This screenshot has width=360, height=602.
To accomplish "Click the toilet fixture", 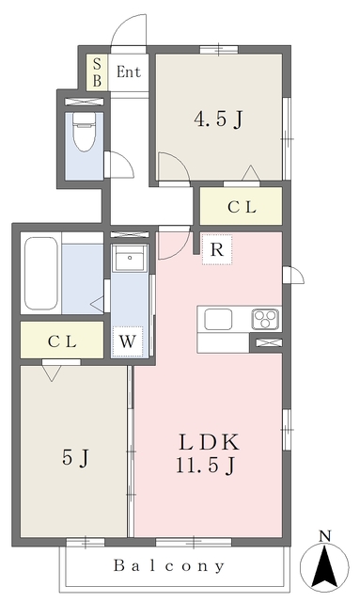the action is pyautogui.click(x=84, y=132).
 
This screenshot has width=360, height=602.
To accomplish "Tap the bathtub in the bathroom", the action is pyautogui.click(x=41, y=274).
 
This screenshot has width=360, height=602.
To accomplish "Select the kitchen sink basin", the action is pyautogui.click(x=218, y=320).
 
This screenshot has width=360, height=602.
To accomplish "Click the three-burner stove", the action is pyautogui.click(x=265, y=320).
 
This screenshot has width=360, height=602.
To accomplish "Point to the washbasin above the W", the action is pyautogui.click(x=130, y=258).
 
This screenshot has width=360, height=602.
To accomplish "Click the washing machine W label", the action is pyautogui.click(x=128, y=341).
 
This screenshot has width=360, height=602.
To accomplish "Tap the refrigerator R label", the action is pyautogui.click(x=217, y=249).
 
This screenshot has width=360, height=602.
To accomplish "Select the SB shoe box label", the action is pyautogui.click(x=97, y=72).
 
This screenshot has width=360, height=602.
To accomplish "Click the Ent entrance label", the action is pyautogui.click(x=129, y=71).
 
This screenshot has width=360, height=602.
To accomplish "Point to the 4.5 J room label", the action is pyautogui.click(x=218, y=119).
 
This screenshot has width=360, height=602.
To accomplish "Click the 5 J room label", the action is pyautogui.click(x=75, y=457).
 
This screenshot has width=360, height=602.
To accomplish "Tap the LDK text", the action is pyautogui.click(x=210, y=442).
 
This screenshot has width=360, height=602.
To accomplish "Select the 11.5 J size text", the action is pyautogui.click(x=205, y=466).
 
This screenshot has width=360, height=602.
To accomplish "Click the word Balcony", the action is pyautogui.click(x=169, y=565).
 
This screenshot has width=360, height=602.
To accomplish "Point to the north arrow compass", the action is pyautogui.click(x=324, y=566).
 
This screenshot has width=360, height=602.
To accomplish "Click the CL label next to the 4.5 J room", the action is pyautogui.click(x=242, y=207).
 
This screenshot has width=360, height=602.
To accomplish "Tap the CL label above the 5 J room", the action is pyautogui.click(x=62, y=341).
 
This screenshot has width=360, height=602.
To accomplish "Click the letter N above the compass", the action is pyautogui.click(x=325, y=536).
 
